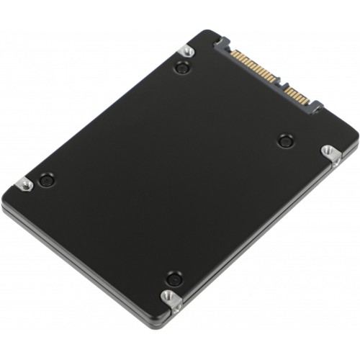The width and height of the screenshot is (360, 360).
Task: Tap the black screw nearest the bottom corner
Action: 173,277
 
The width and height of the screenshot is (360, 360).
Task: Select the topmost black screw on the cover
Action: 183,68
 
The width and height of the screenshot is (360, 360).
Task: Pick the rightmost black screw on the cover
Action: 284,140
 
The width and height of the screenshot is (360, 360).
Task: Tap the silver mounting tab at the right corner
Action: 329,152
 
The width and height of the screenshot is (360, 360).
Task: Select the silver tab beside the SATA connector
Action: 186,50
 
